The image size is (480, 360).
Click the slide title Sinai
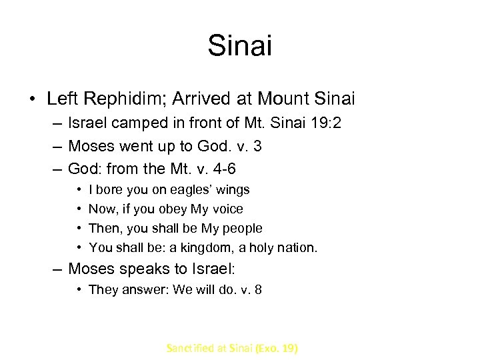click(240, 45)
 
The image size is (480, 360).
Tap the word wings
click(231, 190)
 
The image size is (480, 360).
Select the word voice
click(228, 209)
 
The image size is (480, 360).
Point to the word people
click(243, 229)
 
